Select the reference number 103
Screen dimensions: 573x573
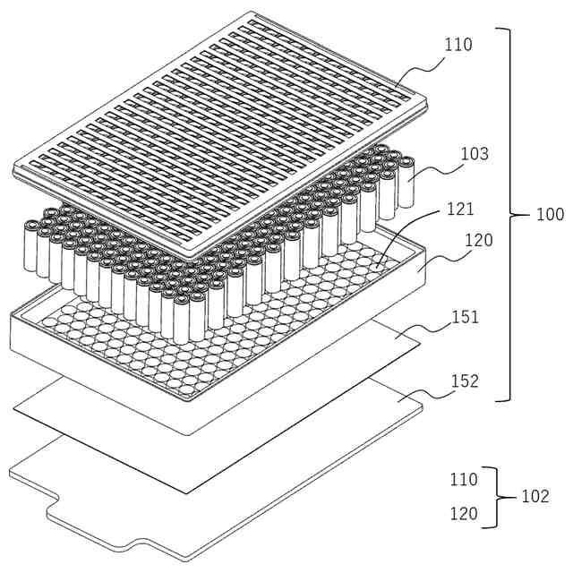[x=475, y=154]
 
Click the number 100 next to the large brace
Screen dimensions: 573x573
[x=550, y=215]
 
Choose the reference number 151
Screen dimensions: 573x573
[x=466, y=317]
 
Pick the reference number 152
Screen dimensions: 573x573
[x=466, y=381]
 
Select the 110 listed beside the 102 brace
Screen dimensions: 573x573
[x=465, y=479]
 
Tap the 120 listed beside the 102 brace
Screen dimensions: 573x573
[x=465, y=514]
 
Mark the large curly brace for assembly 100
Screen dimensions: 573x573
[x=517, y=215]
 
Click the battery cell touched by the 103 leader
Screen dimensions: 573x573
[x=406, y=179]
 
